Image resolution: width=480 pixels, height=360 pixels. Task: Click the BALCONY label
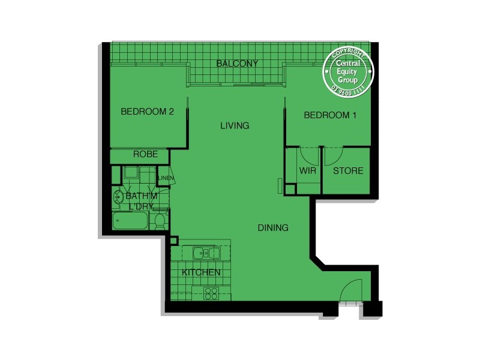click(x=237, y=63)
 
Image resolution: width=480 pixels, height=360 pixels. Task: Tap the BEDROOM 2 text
click(x=147, y=111)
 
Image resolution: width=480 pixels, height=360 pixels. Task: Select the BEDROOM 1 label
click(x=330, y=115)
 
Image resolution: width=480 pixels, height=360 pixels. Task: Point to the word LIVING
click(x=235, y=125)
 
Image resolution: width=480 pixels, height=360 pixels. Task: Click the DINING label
click(x=273, y=227)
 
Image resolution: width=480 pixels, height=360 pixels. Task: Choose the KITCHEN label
click(x=201, y=272)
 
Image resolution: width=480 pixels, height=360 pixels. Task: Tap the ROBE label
click(x=145, y=154)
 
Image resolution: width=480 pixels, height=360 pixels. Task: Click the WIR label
click(x=308, y=170)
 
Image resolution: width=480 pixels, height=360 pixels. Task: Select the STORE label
click(x=348, y=170)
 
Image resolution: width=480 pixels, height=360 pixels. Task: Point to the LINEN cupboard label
click(x=166, y=178)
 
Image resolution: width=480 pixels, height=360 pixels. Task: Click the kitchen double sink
click(x=205, y=253)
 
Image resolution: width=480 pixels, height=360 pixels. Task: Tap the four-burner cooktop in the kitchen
click(x=211, y=293)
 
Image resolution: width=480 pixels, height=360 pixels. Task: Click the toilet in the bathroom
click(x=160, y=221)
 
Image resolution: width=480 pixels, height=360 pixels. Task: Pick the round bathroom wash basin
click(x=117, y=196)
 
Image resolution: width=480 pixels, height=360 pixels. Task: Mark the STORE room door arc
click(x=333, y=157)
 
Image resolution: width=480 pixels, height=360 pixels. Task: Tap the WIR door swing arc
click(x=309, y=156)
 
